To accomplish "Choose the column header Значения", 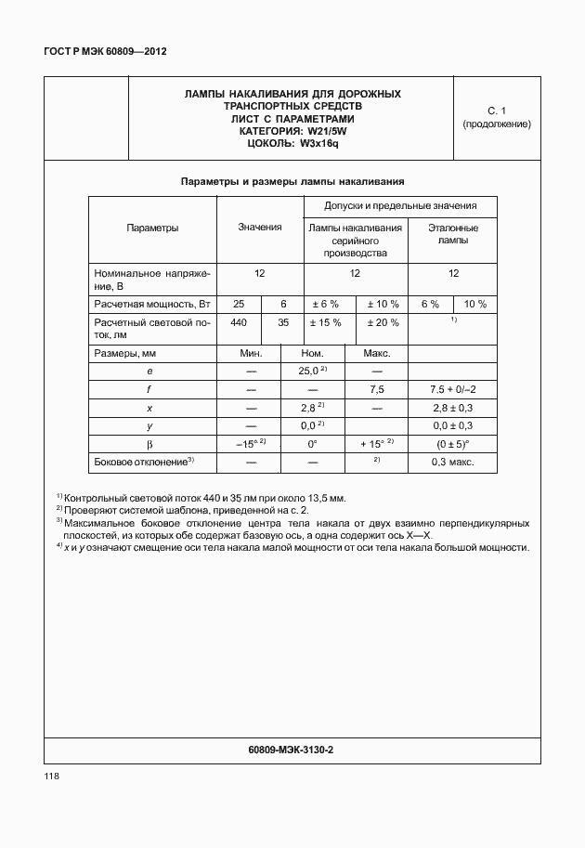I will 260,228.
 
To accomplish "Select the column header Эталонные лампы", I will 453,233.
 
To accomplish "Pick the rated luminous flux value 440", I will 239,323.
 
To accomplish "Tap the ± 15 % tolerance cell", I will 324,323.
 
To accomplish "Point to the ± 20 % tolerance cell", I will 383,323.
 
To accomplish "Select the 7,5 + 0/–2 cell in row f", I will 453,389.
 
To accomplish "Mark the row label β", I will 149,444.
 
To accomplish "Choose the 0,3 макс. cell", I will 453,462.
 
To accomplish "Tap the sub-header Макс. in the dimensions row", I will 376,353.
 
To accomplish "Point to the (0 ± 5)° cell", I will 453,444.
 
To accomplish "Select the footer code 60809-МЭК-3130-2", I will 292,749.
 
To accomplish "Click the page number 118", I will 51,776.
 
